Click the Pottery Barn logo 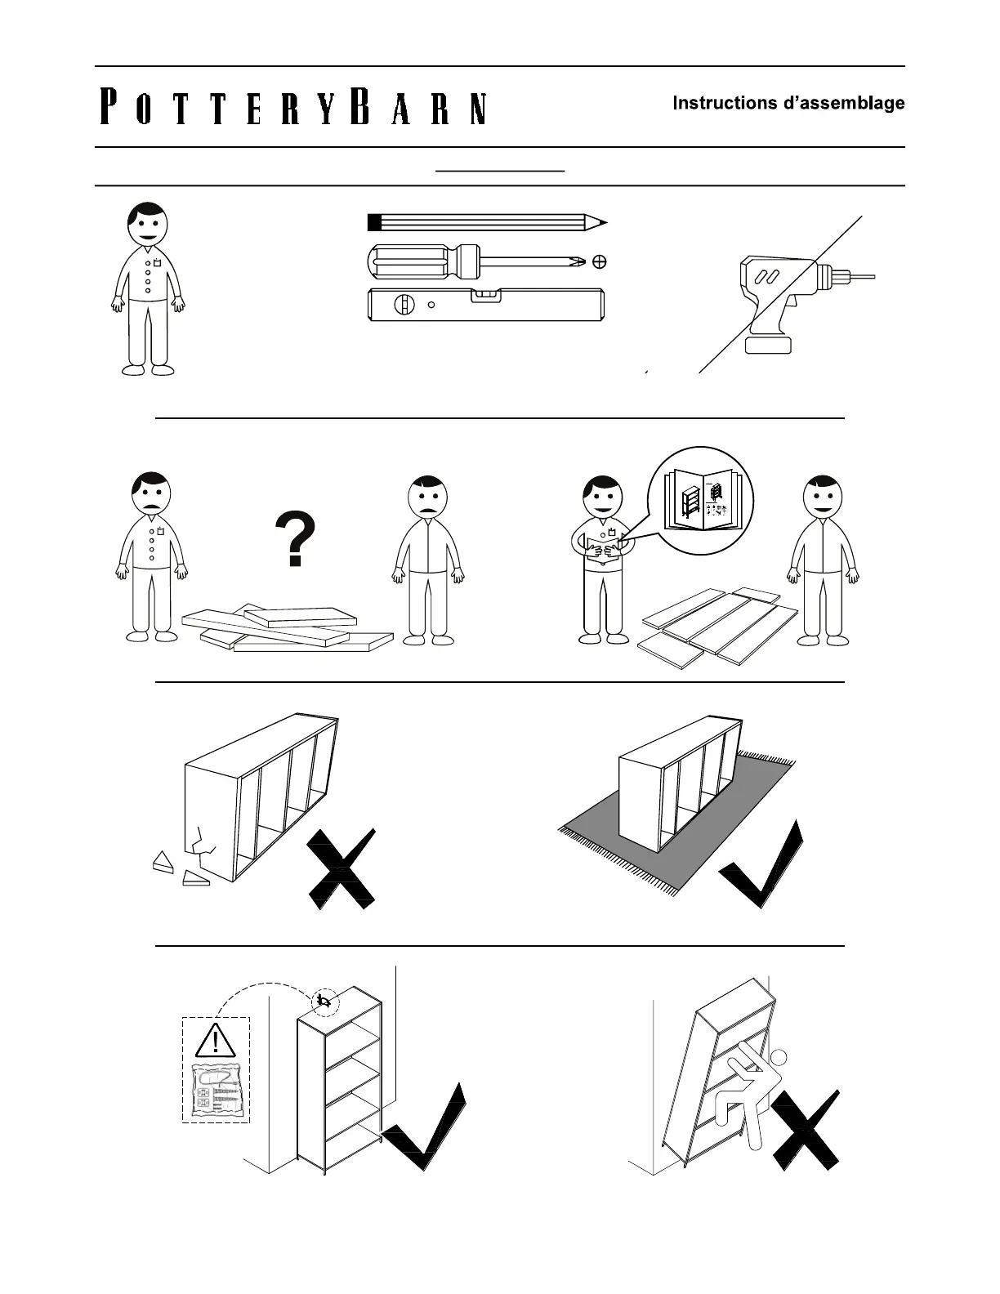point(293,107)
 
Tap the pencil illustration point(487,222)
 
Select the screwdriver point(477,261)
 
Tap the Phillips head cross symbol point(599,261)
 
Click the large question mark point(295,539)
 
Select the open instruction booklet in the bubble point(701,500)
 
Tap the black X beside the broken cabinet point(341,870)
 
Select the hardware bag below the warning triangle point(215,1091)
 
